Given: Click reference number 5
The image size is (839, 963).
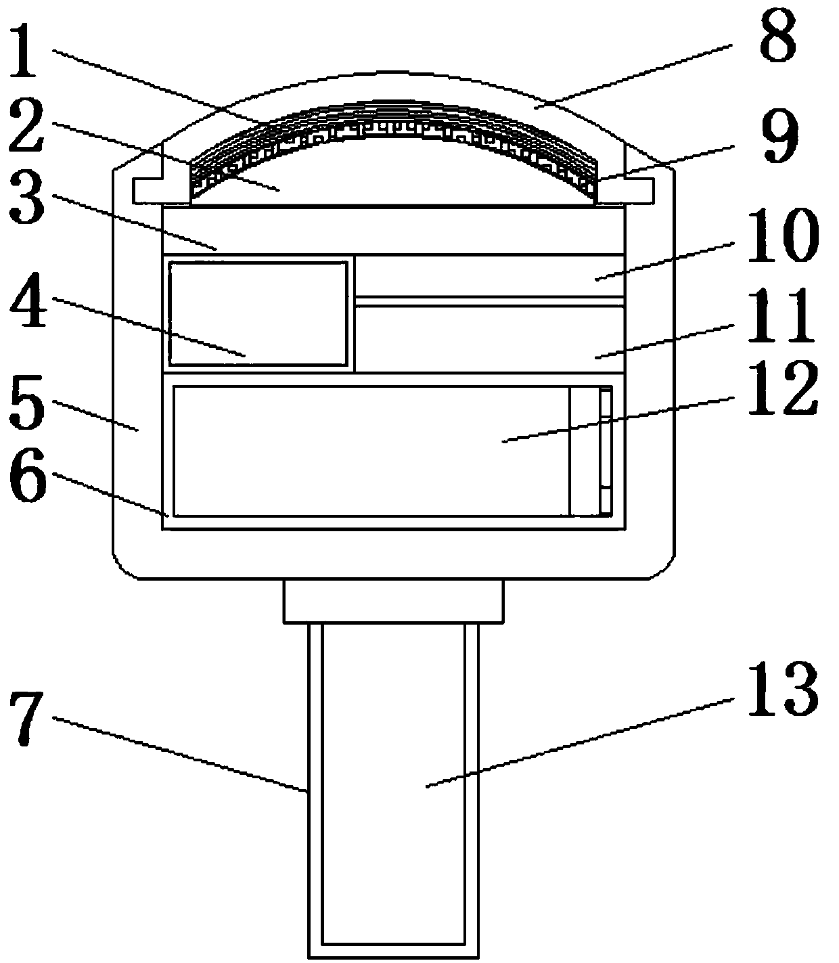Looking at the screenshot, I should [x=27, y=405].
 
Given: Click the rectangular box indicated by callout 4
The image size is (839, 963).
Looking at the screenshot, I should [x=258, y=313].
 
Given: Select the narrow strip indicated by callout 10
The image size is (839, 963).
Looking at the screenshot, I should [x=489, y=275].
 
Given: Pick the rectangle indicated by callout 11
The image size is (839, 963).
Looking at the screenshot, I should [x=489, y=338].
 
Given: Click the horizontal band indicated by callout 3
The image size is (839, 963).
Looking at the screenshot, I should [x=392, y=231].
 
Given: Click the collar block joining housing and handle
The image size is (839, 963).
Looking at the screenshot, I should [x=393, y=601].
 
